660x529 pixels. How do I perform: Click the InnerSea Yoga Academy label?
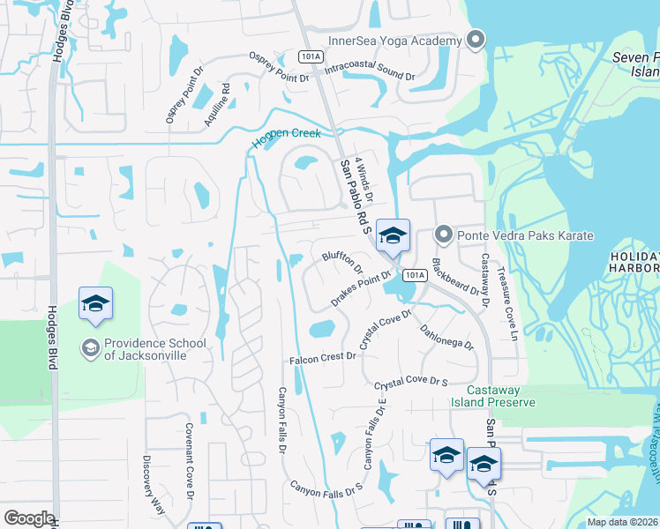pyautogui.click(x=395, y=41)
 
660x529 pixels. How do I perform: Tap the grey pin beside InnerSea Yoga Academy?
pyautogui.click(x=476, y=40)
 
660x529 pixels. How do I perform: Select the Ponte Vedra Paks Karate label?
pyautogui.click(x=525, y=235)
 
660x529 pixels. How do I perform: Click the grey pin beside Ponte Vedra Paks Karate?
pyautogui.click(x=444, y=235)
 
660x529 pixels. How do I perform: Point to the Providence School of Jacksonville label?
pyautogui.click(x=155, y=349)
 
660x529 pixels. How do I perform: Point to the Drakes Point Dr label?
pyautogui.click(x=360, y=289)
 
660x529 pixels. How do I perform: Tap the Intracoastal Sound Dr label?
pyautogui.click(x=370, y=70)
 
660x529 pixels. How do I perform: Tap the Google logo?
pyautogui.click(x=29, y=518)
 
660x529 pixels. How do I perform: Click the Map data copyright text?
pyautogui.click(x=623, y=522)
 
